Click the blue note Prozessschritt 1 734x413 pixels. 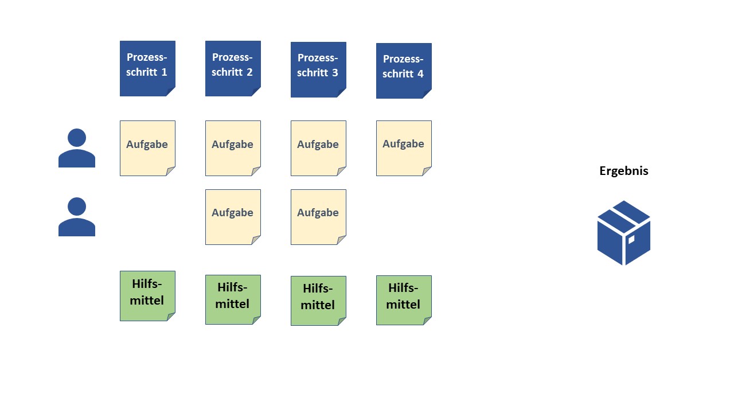pyautogui.click(x=147, y=68)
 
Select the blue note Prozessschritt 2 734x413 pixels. pyautogui.click(x=233, y=68)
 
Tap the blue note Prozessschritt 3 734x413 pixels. pyautogui.click(x=318, y=69)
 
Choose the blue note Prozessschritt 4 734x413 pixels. pyautogui.click(x=404, y=71)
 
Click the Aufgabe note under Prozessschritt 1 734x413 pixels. pyautogui.click(x=147, y=148)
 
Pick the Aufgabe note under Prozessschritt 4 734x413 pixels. pyautogui.click(x=404, y=148)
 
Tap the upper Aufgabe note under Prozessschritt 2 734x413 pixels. pyautogui.click(x=233, y=148)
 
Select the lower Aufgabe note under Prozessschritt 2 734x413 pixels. pyautogui.click(x=233, y=217)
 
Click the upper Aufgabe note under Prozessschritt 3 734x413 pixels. pyautogui.click(x=318, y=148)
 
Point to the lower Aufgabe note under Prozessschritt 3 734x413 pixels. pyautogui.click(x=318, y=217)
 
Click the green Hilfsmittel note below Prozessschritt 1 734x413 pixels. pyautogui.click(x=147, y=295)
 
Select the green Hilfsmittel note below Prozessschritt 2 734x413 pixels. pyautogui.click(x=233, y=299)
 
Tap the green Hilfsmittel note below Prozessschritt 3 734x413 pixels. pyautogui.click(x=318, y=301)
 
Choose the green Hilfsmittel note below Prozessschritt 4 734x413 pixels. pyautogui.click(x=404, y=300)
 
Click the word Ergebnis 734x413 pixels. pyautogui.click(x=624, y=171)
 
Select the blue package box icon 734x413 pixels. pyautogui.click(x=624, y=233)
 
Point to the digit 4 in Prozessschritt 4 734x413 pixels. pyautogui.click(x=421, y=74)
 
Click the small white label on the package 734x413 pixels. pyautogui.click(x=631, y=239)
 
